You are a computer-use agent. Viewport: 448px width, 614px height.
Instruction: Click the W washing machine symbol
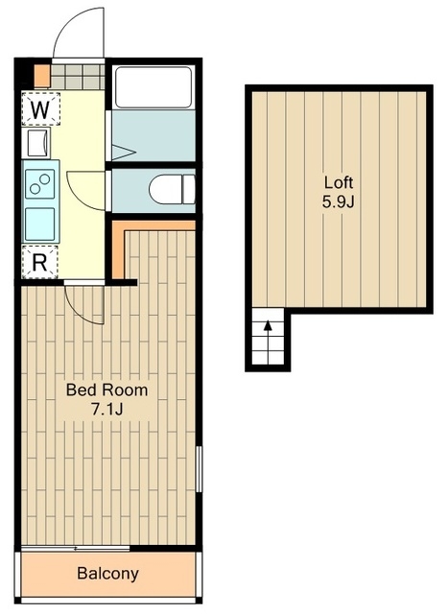point(40,108)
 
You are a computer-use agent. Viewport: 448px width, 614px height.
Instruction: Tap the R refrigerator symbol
point(39,262)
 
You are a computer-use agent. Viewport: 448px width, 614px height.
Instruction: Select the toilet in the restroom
point(173,189)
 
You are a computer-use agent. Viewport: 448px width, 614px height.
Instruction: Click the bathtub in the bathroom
point(153,87)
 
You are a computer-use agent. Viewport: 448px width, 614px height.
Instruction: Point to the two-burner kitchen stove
point(40,183)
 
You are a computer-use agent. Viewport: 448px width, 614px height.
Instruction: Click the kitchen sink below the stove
point(40,224)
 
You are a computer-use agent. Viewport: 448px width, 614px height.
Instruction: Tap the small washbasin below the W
point(38,143)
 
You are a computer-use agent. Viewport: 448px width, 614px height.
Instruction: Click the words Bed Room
point(106,390)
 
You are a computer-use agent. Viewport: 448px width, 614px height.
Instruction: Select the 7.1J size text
point(106,410)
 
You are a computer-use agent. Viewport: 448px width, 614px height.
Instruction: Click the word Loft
point(339,182)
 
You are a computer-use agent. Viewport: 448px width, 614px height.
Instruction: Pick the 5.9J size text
point(338,202)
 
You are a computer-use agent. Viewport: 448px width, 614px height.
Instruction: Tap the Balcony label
point(107,574)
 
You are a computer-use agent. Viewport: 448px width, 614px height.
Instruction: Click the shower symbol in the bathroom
point(124,153)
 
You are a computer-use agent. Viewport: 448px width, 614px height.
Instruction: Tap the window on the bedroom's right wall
point(199,469)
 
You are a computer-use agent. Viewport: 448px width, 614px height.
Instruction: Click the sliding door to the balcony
point(75,548)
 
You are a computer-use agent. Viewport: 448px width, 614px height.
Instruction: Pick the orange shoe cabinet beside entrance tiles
point(42,76)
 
